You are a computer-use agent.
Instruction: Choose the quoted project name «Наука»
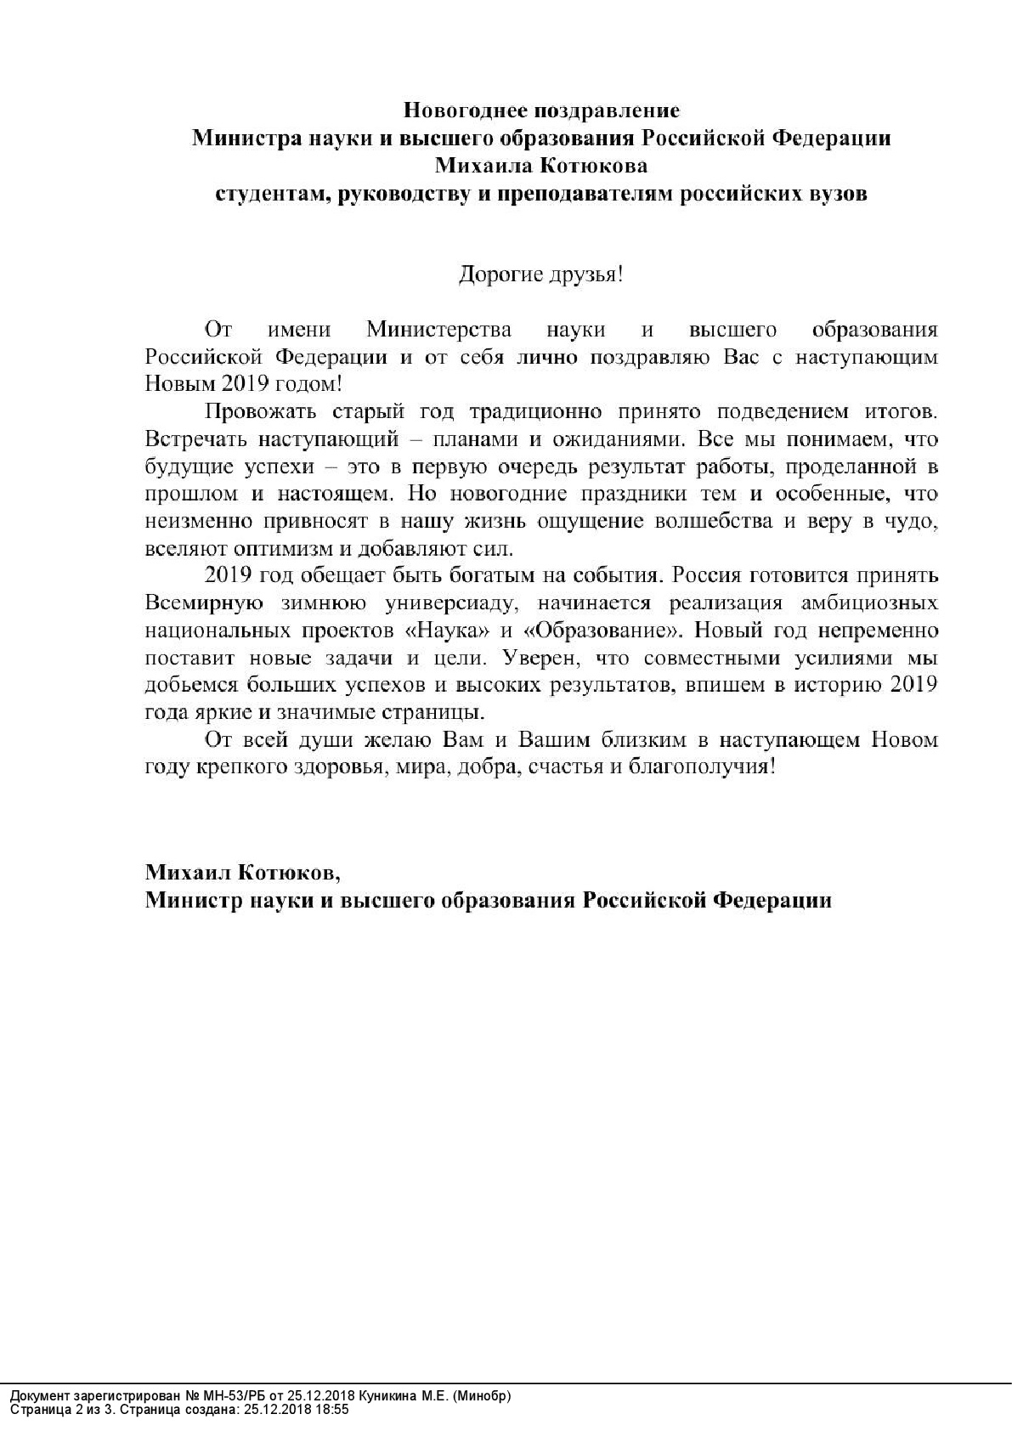(451, 631)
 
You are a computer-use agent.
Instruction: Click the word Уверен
(541, 658)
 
